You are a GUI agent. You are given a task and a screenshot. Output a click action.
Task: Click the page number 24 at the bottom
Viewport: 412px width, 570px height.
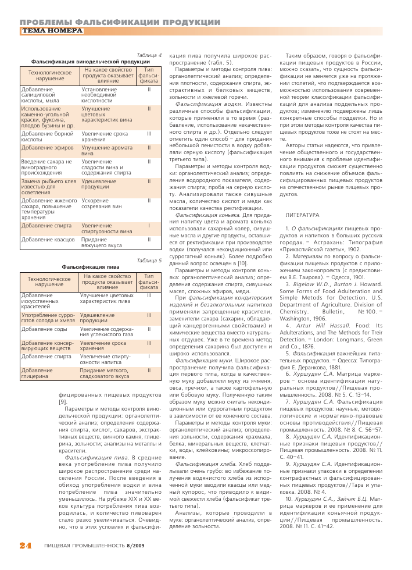click(25, 545)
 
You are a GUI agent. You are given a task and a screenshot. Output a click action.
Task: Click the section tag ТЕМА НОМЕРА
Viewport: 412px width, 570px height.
click(52, 30)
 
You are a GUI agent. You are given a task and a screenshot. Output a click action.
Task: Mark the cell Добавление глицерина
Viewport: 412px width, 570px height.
click(38, 372)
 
